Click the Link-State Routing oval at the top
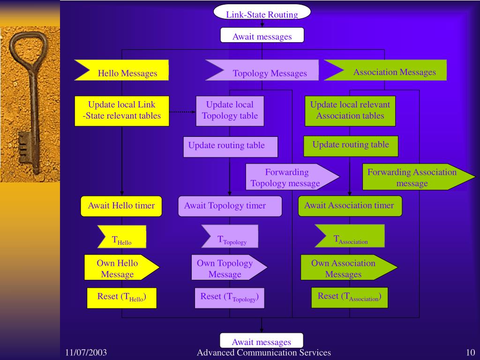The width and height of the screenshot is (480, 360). coord(262,13)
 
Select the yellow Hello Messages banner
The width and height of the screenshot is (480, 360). coord(124,71)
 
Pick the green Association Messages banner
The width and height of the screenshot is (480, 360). coord(389,71)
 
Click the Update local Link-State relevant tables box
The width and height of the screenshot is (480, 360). coord(121,111)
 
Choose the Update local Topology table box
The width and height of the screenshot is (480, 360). coord(230,111)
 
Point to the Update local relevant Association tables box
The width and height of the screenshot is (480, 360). coord(350,111)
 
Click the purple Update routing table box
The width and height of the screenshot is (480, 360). coord(230,146)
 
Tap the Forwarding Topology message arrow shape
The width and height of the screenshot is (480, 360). coord(288,177)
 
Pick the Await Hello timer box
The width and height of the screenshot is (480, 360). coord(121,206)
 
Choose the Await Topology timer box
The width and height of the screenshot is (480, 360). coord(230,206)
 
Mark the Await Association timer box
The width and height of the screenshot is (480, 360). coord(350,206)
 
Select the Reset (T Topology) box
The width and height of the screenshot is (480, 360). coord(229,298)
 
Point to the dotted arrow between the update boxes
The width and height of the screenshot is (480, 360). coord(182,112)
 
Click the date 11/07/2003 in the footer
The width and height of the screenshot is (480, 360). coord(87,352)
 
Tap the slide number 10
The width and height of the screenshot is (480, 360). coord(471,352)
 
